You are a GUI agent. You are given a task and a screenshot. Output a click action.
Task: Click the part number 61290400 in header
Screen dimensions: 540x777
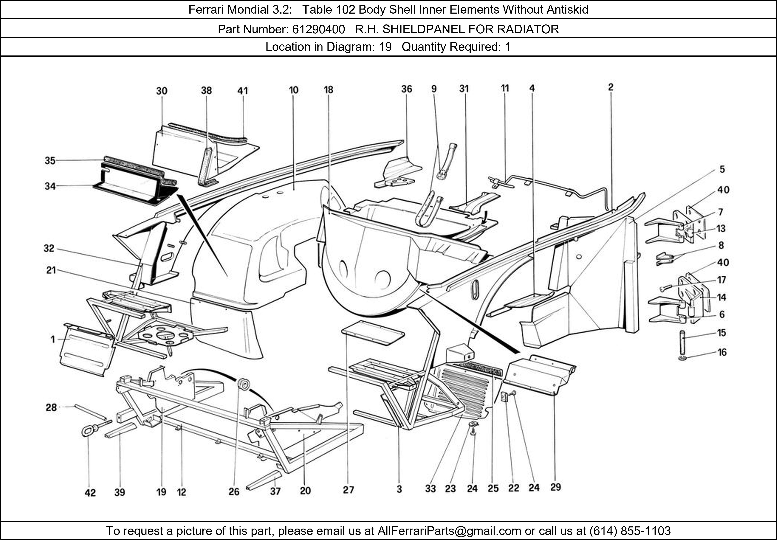point(318,29)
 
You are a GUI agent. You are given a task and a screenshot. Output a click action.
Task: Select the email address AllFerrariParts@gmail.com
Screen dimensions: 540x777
point(449,531)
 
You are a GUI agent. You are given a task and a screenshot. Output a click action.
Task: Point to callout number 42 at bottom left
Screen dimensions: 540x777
point(90,493)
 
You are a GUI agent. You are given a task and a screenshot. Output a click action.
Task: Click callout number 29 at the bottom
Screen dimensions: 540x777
point(555,487)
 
